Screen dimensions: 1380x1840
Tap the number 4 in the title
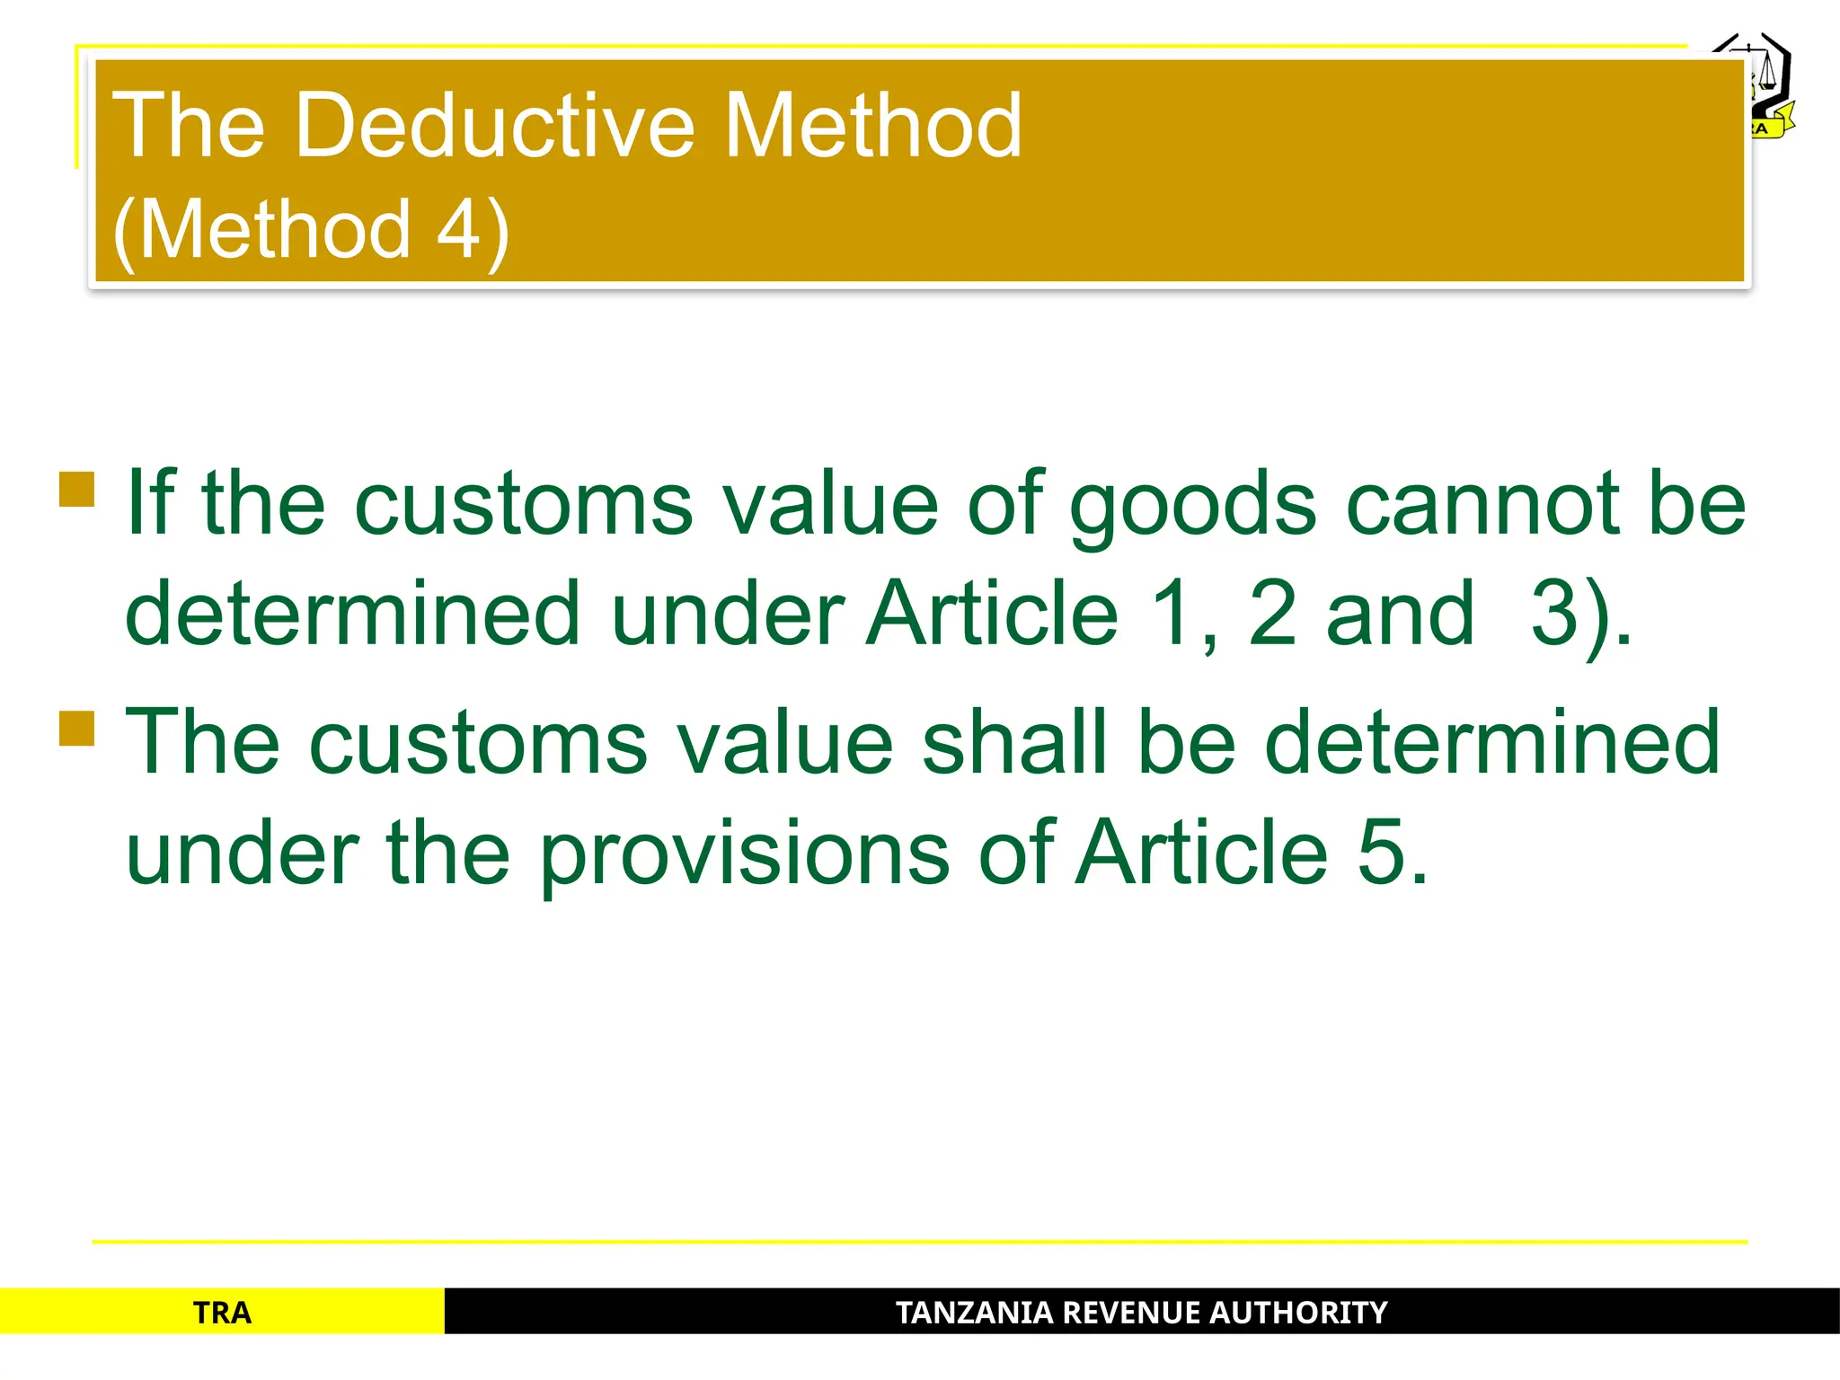tap(458, 229)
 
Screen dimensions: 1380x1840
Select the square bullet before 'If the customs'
tap(77, 490)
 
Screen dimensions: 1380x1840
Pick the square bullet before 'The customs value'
tap(77, 728)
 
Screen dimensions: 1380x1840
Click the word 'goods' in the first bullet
tap(1193, 505)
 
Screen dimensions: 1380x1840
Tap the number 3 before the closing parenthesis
tap(1556, 615)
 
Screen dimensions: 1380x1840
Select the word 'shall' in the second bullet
tap(1015, 742)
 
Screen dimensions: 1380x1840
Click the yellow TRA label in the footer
tap(222, 1314)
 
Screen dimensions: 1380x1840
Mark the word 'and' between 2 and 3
tap(1400, 615)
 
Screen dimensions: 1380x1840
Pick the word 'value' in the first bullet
tap(831, 505)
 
